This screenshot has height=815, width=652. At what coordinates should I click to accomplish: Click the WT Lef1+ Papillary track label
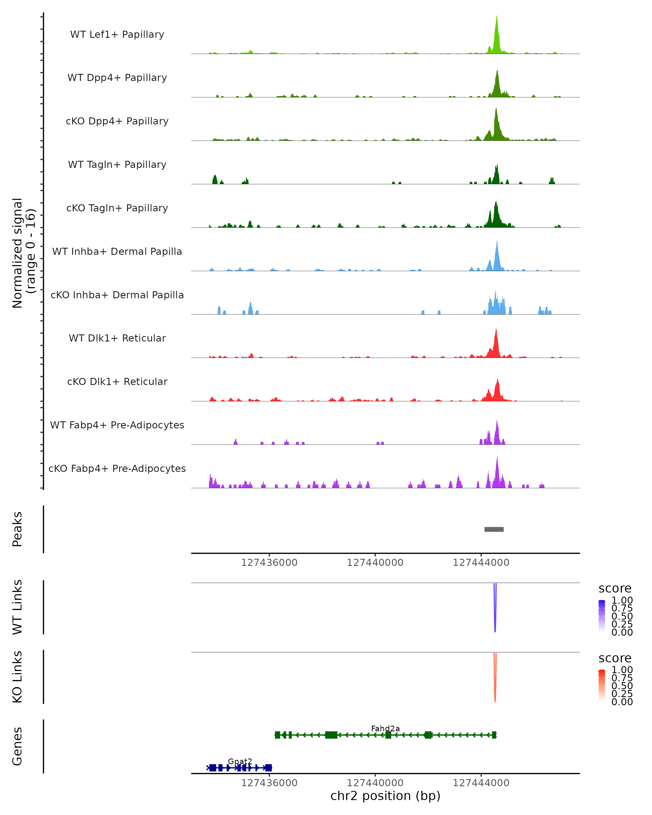pos(117,35)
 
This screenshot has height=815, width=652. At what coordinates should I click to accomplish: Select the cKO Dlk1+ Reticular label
pos(117,381)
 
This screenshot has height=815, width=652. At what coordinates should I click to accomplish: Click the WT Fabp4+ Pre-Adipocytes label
pos(117,425)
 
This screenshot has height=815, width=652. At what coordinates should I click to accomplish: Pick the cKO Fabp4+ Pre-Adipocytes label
pos(117,468)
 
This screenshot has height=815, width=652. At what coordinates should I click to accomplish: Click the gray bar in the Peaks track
pos(494,529)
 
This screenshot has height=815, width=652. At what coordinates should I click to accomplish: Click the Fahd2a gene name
pos(385,728)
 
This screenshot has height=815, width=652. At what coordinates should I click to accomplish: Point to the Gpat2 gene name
pos(240,761)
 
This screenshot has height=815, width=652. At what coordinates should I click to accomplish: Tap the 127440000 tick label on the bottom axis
pos(375,783)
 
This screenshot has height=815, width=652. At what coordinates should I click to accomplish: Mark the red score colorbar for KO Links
pos(602,685)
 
